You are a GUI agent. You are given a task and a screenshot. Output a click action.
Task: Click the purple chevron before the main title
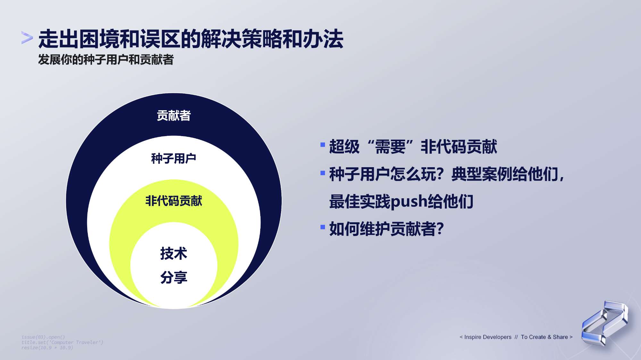click(x=27, y=37)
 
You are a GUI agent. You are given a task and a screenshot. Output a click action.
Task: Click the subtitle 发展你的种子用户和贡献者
click(x=106, y=60)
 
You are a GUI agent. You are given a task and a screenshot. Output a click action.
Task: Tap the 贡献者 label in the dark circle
click(x=174, y=116)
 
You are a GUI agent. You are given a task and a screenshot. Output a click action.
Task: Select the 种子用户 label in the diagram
click(x=173, y=159)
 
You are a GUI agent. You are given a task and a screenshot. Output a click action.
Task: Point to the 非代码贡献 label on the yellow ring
click(x=174, y=201)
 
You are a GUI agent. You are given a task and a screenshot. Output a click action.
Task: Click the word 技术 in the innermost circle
click(x=174, y=253)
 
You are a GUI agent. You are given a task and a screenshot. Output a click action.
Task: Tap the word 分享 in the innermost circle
click(x=174, y=277)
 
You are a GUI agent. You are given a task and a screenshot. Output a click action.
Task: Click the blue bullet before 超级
click(x=323, y=145)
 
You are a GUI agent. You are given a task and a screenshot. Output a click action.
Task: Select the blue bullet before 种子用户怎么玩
click(x=323, y=173)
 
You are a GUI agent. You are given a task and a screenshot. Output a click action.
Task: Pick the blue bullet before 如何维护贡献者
click(x=323, y=227)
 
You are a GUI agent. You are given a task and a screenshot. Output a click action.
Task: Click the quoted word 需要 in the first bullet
click(x=390, y=147)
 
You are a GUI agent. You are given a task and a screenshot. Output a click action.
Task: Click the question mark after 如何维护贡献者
click(x=440, y=229)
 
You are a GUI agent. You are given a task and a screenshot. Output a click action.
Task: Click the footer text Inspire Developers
click(x=488, y=337)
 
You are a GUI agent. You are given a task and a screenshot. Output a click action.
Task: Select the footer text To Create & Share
click(x=544, y=337)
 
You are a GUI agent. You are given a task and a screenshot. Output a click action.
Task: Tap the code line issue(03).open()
click(x=43, y=337)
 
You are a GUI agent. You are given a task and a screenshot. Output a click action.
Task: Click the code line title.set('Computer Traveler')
click(x=62, y=342)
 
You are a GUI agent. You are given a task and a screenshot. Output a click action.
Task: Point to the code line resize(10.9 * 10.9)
click(x=47, y=348)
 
